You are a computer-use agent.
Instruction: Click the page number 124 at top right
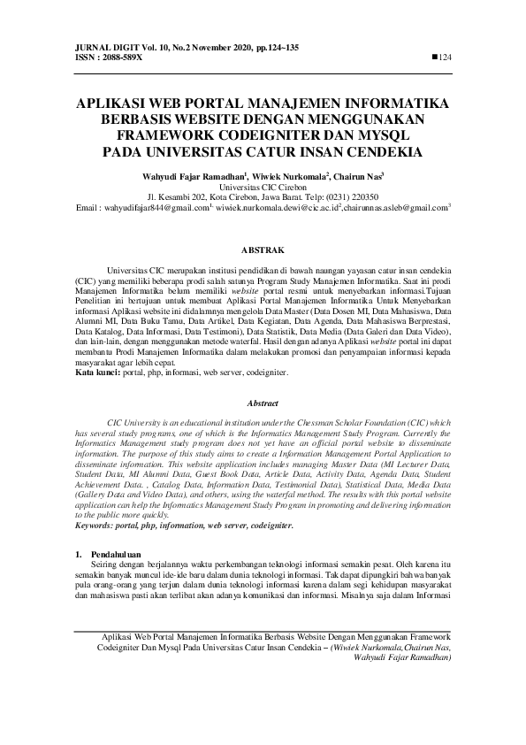point(446,57)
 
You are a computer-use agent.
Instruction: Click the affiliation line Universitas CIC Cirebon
point(262,188)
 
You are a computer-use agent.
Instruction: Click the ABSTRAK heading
point(263,251)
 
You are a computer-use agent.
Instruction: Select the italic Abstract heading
point(263,403)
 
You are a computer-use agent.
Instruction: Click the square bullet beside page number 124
point(434,57)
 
